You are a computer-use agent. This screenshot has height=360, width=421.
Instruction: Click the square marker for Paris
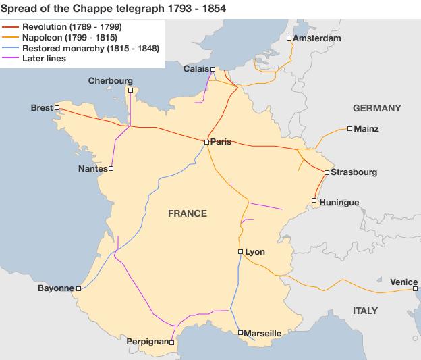206,142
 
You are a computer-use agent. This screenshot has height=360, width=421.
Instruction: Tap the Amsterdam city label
317,38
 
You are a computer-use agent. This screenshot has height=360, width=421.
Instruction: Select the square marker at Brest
57,107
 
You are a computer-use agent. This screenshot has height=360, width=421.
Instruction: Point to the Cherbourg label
111,81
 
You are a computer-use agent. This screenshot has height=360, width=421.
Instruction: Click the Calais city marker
213,69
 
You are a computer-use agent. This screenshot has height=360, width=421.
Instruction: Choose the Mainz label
367,128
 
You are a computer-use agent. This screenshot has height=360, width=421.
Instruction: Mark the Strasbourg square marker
327,173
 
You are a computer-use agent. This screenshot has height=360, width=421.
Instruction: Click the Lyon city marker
240,251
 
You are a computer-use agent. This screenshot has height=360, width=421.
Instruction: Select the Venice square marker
415,289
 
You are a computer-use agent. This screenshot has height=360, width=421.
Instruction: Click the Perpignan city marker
172,342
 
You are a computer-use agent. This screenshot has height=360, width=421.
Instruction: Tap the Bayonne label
55,288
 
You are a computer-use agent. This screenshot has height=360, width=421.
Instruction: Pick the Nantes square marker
111,169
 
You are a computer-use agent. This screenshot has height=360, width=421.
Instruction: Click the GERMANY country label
376,108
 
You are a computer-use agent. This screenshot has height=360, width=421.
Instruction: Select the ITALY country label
365,311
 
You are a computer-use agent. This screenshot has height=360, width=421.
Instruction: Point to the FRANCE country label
187,213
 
